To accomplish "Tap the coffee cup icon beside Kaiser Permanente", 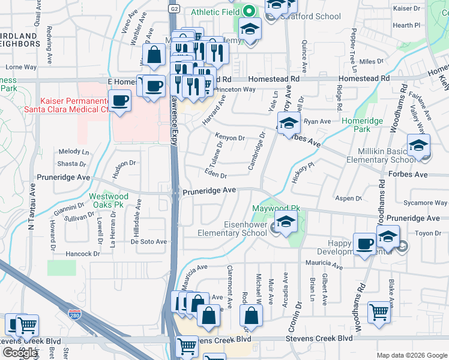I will click(x=119, y=100).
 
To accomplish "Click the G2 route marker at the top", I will click(x=173, y=9).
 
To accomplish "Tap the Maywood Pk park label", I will click(x=276, y=208).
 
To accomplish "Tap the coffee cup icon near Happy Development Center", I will click(x=364, y=244).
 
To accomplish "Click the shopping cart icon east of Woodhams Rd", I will click(x=379, y=312).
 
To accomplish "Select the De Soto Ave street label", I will click(x=148, y=241).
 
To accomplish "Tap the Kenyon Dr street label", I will click(x=231, y=138).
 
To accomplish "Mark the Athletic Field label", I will click(x=214, y=12).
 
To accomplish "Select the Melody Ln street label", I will click(x=73, y=152).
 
